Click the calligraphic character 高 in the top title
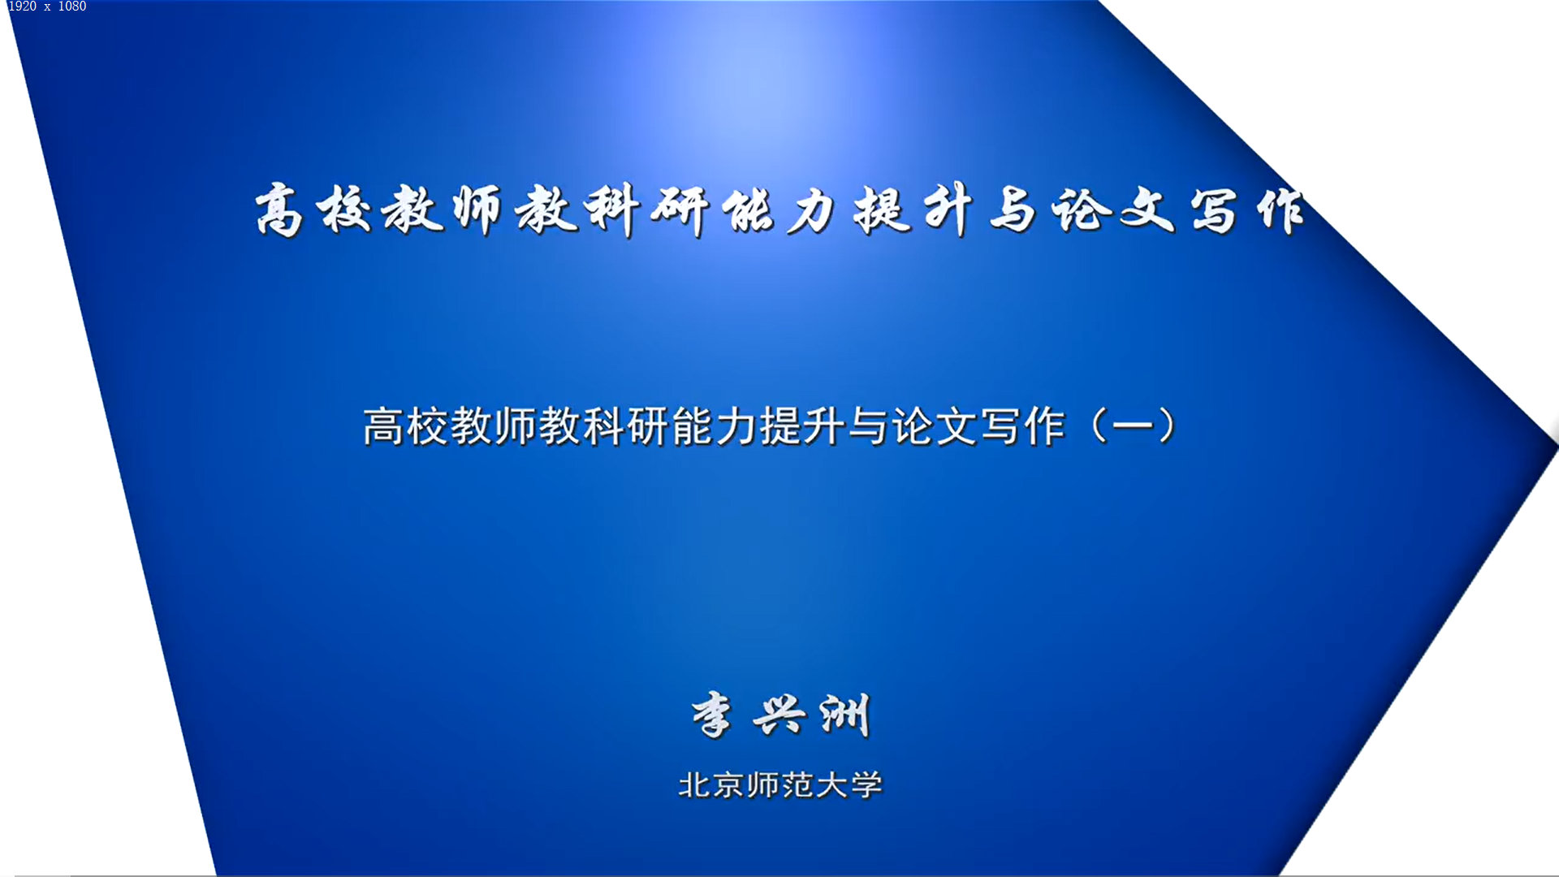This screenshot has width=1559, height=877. [x=279, y=210]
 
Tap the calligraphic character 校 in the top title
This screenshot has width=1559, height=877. [x=344, y=210]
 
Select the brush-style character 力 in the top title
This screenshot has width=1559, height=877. [x=812, y=210]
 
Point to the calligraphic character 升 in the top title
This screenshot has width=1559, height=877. [x=947, y=210]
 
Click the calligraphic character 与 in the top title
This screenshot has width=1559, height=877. [x=1013, y=210]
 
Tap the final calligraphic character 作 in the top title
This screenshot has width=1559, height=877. [x=1280, y=210]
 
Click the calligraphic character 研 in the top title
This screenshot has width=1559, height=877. [x=680, y=210]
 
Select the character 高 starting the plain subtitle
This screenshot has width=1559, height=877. [x=383, y=426]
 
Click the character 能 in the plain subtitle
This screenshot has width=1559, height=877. [x=692, y=426]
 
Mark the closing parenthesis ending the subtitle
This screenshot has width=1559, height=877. [x=1168, y=426]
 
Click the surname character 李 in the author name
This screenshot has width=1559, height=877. [x=712, y=715]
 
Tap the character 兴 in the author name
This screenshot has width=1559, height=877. [x=779, y=715]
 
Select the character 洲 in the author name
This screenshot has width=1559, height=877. [x=845, y=715]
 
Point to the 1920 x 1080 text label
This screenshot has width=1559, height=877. [x=47, y=6]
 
